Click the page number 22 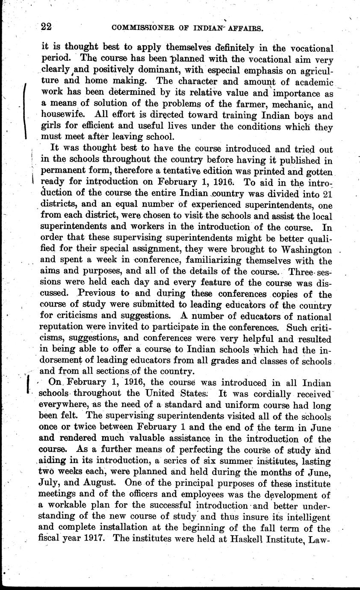pyautogui.click(x=46, y=27)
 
